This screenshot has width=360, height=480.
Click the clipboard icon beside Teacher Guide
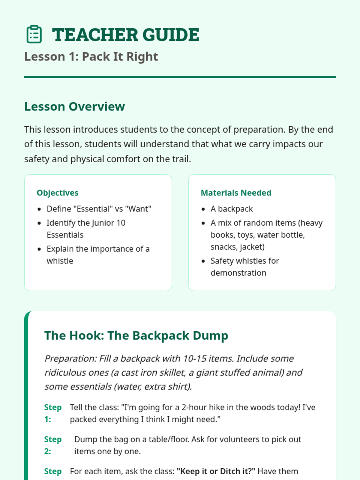point(34,34)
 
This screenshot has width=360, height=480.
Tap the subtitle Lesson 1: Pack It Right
point(91,57)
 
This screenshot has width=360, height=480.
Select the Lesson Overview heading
point(74,106)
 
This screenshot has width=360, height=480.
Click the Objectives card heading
point(58,193)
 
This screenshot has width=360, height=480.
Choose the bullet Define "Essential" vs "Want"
point(99,209)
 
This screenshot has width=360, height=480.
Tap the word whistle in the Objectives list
point(60,261)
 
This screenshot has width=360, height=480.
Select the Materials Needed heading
point(236,193)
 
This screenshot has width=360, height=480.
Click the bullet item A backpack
point(232,209)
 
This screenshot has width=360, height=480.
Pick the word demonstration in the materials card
point(238,273)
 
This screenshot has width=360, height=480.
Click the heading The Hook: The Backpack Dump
point(136,335)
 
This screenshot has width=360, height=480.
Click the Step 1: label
point(53,413)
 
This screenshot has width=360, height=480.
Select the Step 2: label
point(53,445)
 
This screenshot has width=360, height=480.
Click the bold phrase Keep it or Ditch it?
point(216,471)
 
